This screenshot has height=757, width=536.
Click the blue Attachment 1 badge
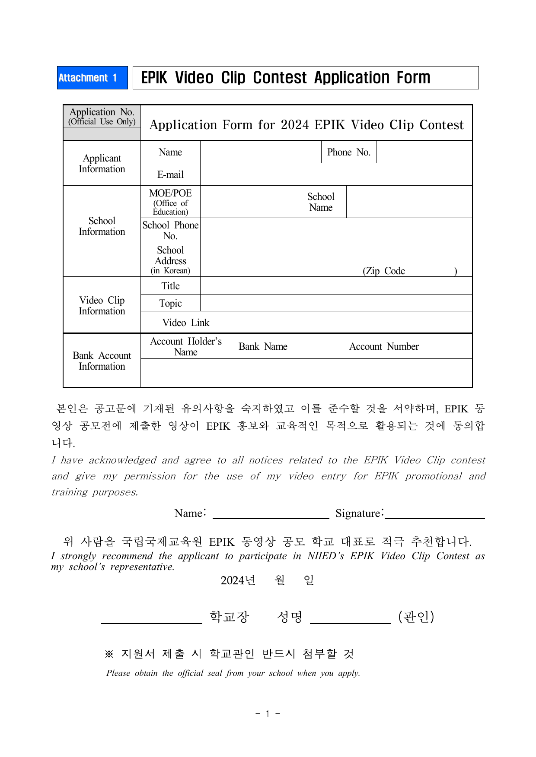coord(92,78)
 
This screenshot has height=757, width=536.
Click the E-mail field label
coord(170,174)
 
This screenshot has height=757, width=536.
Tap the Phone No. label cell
coord(348,152)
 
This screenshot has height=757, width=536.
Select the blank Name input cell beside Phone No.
coord(261,152)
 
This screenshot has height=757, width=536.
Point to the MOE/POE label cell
coord(170,202)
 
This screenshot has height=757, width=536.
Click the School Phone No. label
coord(170,230)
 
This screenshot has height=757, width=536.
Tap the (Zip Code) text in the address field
coord(384,271)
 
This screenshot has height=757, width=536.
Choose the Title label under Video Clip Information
coord(170,286)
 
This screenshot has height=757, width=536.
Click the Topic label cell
coord(170,303)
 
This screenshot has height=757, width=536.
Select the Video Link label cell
coord(185,323)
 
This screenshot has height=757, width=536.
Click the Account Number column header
coord(383,346)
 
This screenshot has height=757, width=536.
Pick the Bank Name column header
coord(263,346)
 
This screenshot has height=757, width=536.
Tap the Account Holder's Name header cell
coord(185,346)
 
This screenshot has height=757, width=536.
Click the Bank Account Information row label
coord(102,361)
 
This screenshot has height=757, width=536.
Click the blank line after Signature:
coord(435,515)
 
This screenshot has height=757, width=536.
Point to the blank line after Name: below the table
coord(271,515)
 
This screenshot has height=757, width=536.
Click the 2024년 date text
coord(238,580)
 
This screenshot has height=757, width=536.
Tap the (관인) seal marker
coord(416,617)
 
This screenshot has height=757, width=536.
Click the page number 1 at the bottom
coord(268,713)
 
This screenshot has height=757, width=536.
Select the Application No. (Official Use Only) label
coord(102,117)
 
